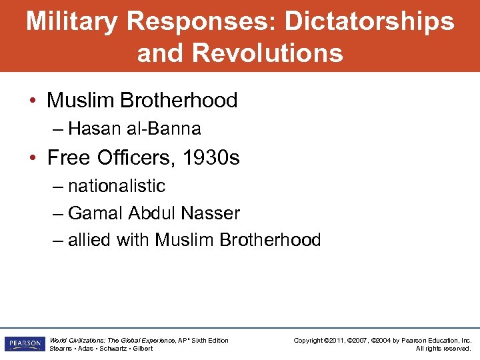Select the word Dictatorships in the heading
click(369, 21)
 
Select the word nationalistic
click(117, 185)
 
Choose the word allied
click(90, 240)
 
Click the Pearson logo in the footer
click(24, 344)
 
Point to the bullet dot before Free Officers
click(33, 158)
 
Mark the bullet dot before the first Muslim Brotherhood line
click(33, 101)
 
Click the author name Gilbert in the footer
click(142, 349)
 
